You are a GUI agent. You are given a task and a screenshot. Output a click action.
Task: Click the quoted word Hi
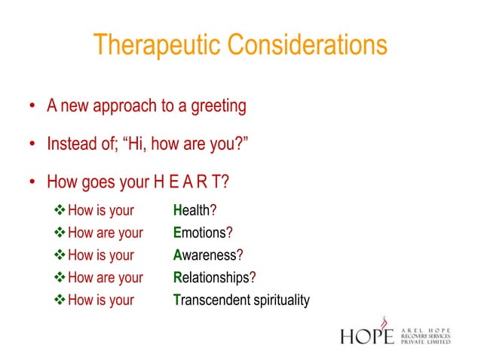[138, 143]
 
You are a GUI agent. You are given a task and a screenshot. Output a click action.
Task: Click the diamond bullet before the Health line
[60, 210]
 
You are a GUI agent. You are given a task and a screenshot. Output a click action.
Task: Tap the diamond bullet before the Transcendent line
[60, 301]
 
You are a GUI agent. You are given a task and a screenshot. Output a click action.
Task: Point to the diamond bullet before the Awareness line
[60, 255]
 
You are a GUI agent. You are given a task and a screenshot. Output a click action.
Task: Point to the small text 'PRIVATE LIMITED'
[425, 341]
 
